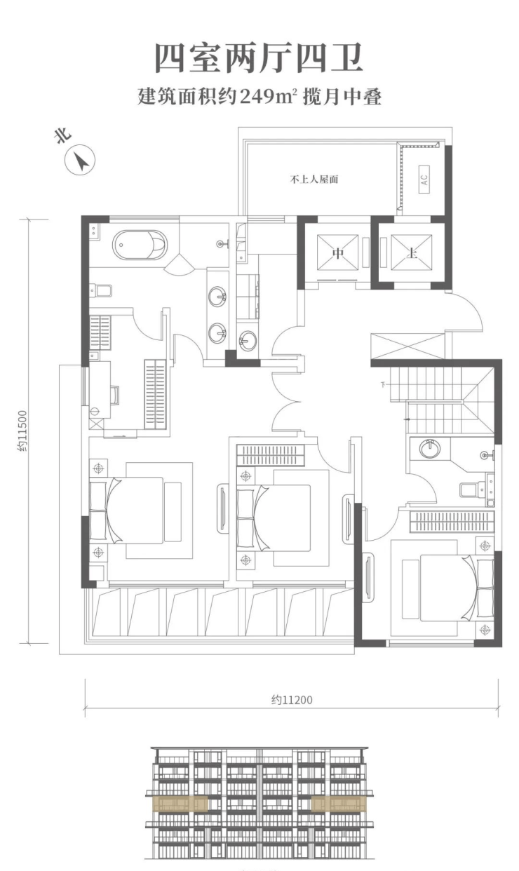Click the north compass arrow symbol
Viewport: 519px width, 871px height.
(x=80, y=160)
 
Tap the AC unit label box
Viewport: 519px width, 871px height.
(x=424, y=180)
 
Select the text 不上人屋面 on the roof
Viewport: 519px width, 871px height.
(x=314, y=180)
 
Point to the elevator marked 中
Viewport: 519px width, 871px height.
(x=337, y=252)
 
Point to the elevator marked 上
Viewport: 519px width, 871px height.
(x=411, y=252)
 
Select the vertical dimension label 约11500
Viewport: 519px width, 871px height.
(x=22, y=431)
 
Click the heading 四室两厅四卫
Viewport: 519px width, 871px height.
(x=259, y=58)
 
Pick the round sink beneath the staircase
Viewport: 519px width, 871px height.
(x=430, y=448)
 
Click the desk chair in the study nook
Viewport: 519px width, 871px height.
(x=115, y=395)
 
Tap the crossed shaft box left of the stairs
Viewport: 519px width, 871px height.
(x=407, y=347)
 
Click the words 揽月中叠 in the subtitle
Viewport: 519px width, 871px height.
(x=342, y=96)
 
